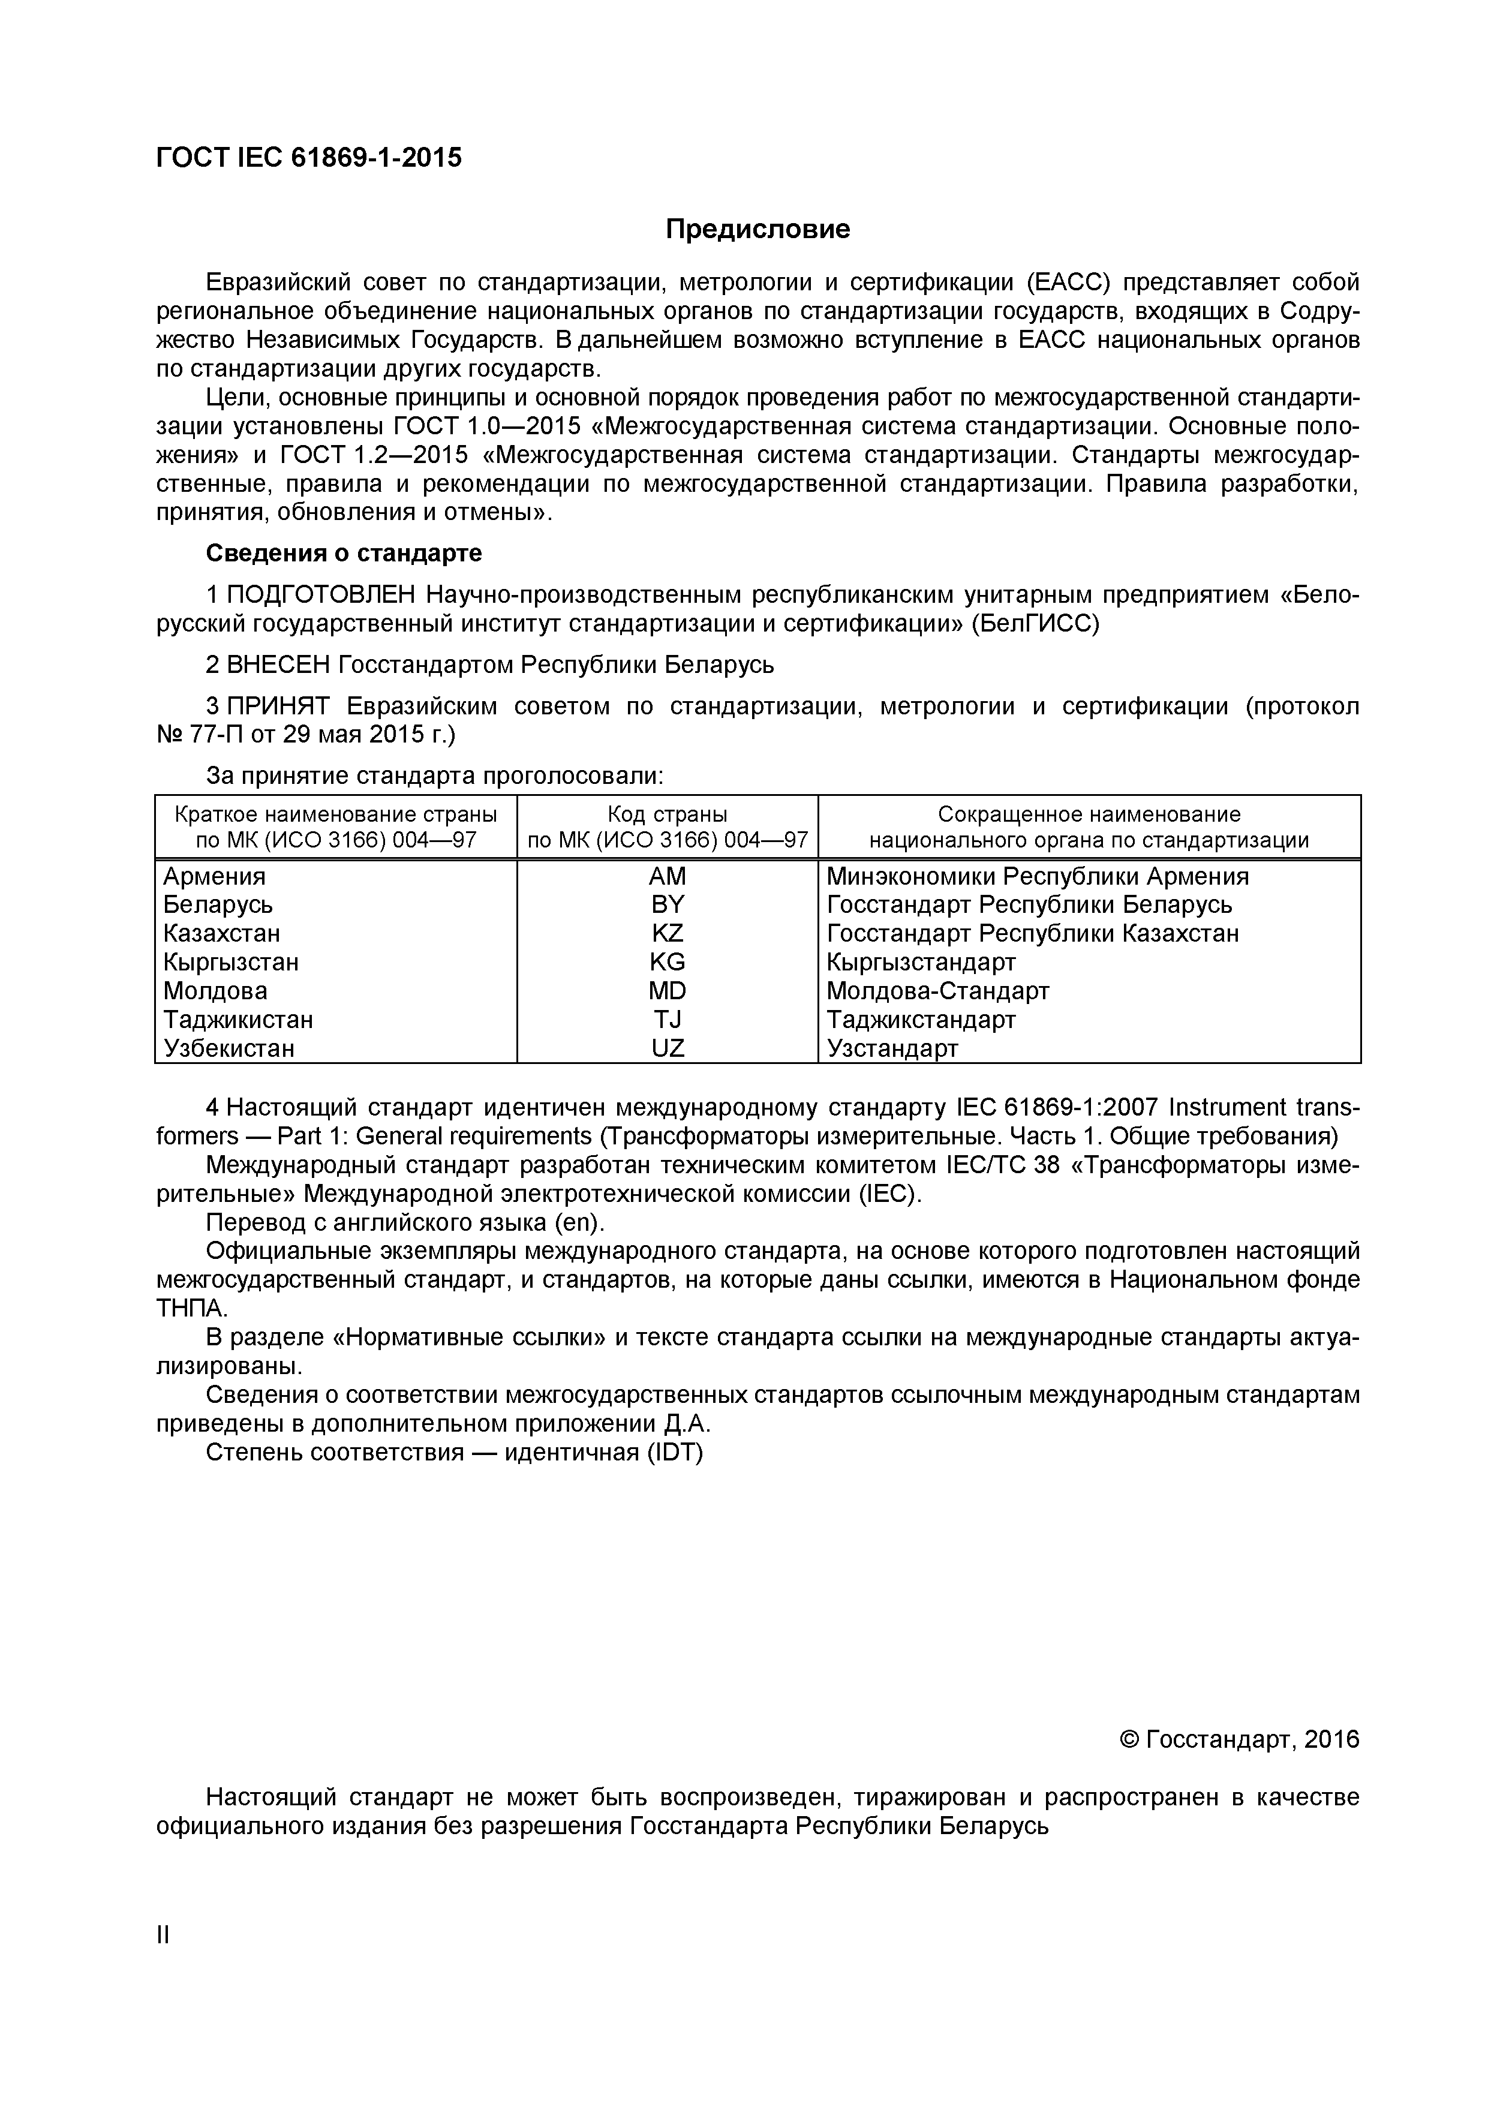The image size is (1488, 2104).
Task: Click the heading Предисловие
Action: coord(757,228)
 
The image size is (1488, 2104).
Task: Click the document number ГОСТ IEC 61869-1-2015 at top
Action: coord(309,158)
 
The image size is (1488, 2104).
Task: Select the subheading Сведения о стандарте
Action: coord(344,554)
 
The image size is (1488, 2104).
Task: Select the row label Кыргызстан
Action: coord(231,962)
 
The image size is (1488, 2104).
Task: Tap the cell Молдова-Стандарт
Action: coord(937,991)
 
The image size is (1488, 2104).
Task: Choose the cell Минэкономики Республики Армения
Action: coord(1037,876)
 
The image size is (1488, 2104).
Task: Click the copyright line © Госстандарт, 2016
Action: coord(1240,1739)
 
